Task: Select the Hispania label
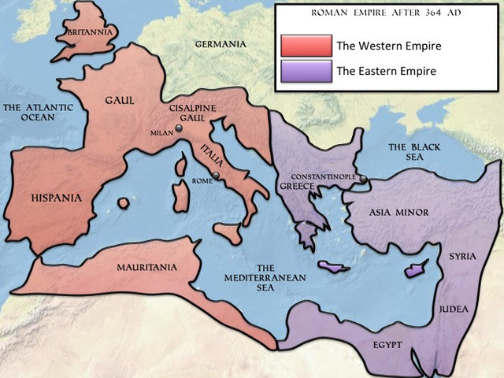click(55, 198)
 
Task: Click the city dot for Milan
click(180, 128)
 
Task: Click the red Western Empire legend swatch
click(306, 46)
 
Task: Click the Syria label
click(461, 257)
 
